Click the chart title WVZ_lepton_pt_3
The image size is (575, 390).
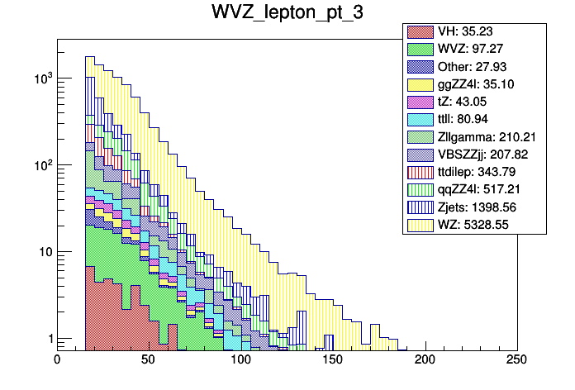tap(287, 14)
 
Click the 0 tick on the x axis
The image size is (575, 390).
tap(57, 359)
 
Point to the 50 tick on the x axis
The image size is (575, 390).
tap(149, 359)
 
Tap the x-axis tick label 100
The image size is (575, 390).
tap(240, 359)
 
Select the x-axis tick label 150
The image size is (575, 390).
tap(333, 359)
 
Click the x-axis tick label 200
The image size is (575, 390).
tap(425, 359)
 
